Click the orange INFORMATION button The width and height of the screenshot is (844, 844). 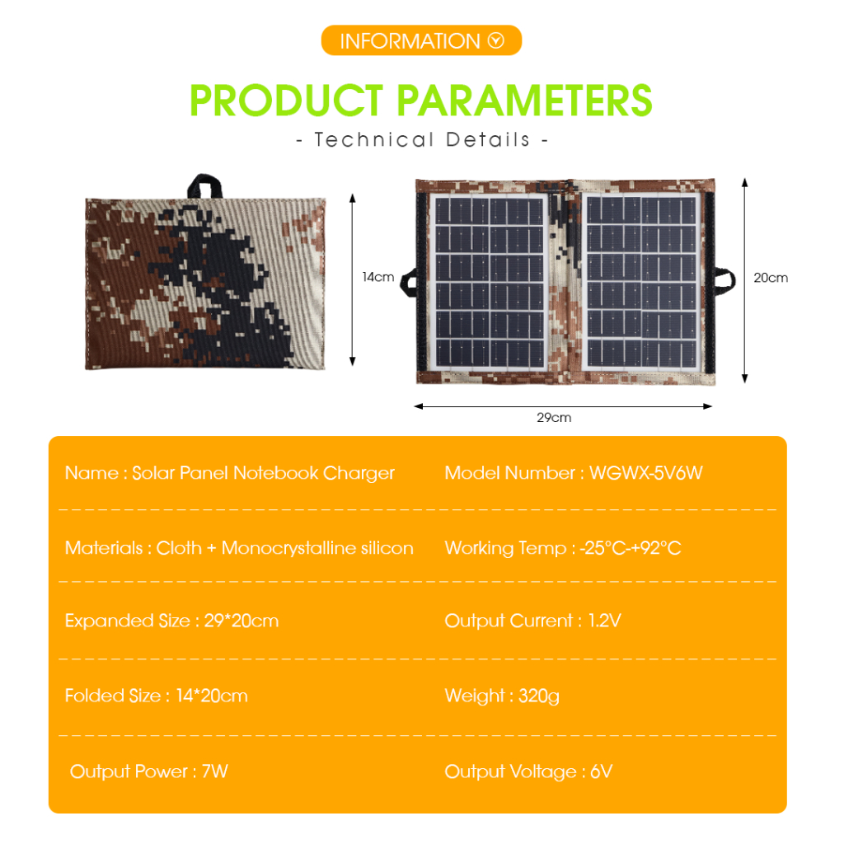coord(421,40)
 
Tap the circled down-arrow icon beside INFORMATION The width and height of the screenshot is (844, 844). coord(495,40)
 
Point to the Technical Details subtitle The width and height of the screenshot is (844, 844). coord(422,140)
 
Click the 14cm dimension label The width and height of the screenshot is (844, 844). coord(377,277)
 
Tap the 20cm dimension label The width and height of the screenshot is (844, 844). coord(771,278)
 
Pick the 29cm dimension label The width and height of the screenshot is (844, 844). coord(554,418)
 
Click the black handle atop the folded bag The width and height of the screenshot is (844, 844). coord(204,186)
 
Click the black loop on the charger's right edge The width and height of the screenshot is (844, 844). coord(725,281)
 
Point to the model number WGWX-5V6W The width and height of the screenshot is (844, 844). coord(646,472)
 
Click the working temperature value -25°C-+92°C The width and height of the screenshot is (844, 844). coord(631,548)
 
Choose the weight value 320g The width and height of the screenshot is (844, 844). coord(539,696)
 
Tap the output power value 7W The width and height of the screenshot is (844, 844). coord(215,771)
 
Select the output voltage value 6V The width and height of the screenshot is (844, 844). coord(601,771)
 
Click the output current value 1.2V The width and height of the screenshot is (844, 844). coord(604,621)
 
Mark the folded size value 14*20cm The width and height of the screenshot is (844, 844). coord(212,696)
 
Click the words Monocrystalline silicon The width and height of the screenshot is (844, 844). coord(317,548)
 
